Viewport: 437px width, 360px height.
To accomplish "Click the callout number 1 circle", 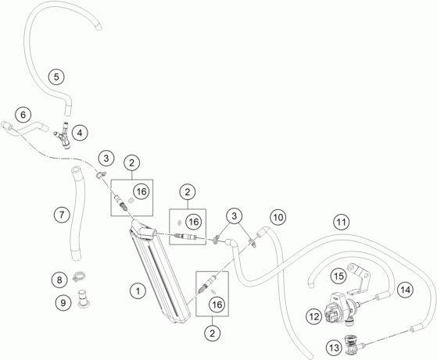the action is click(x=138, y=291).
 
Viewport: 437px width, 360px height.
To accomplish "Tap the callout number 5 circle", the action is click(x=56, y=77).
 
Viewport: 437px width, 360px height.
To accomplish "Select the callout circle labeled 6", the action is click(x=23, y=115).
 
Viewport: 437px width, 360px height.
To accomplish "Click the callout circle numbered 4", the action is click(x=80, y=133).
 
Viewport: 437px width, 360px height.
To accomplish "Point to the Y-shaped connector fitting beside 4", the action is click(x=64, y=136).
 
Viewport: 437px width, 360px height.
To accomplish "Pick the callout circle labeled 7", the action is click(x=62, y=215).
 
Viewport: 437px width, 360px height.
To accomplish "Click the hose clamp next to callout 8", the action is click(x=79, y=276).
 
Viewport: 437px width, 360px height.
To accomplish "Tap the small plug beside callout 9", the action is click(x=83, y=299).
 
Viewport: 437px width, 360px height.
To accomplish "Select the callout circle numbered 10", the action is click(x=278, y=217).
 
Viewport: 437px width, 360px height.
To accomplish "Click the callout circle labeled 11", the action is click(x=342, y=222).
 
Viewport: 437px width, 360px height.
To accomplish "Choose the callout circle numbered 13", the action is click(x=334, y=348).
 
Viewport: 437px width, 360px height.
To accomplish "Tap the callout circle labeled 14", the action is click(x=405, y=290).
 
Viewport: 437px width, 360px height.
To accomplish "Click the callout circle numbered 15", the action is click(x=338, y=276).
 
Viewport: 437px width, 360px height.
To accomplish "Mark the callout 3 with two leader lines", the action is click(x=234, y=216).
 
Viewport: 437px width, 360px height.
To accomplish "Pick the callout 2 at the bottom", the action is click(x=213, y=333).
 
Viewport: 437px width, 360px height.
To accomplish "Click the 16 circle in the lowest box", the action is click(x=217, y=305).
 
